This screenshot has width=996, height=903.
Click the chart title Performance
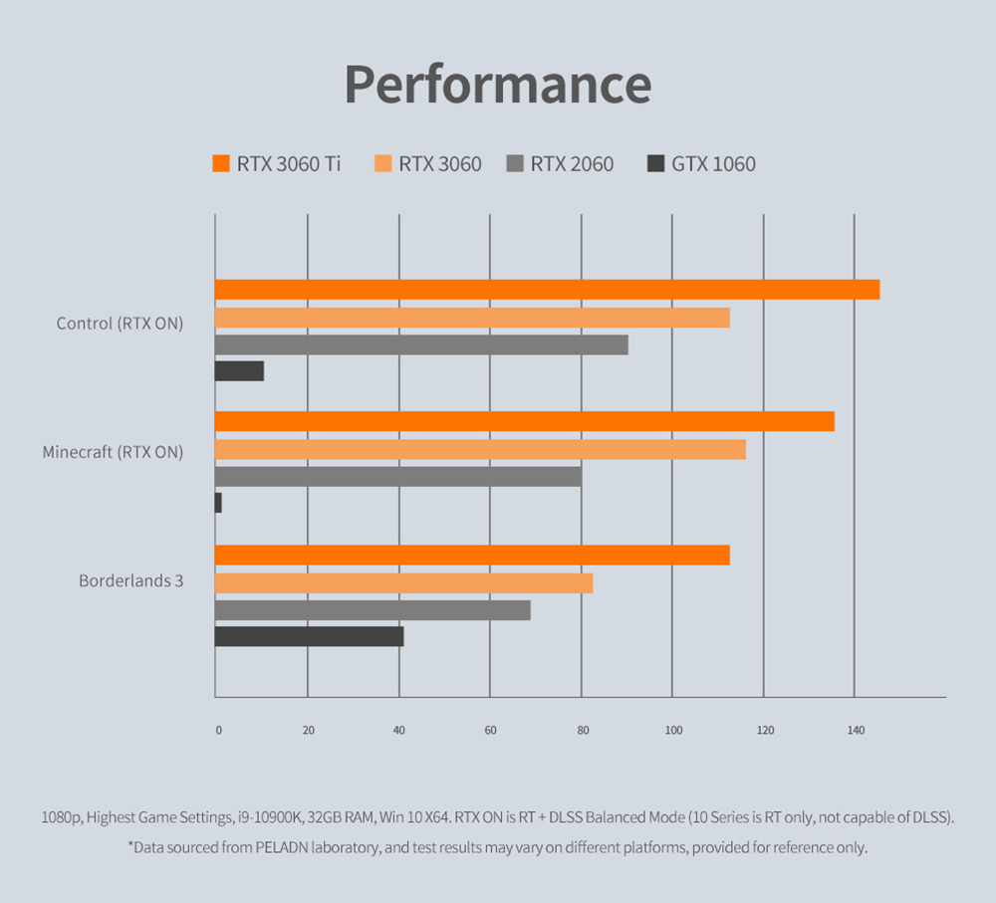[x=498, y=85]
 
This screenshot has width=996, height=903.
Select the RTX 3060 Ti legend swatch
[x=221, y=163]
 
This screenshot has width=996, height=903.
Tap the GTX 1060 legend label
[x=713, y=164]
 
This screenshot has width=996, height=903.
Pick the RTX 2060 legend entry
[x=572, y=164]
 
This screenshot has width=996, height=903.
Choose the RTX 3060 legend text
[x=439, y=164]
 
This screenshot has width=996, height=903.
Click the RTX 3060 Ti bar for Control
[x=547, y=290]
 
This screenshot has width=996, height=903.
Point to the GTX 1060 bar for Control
[x=239, y=370]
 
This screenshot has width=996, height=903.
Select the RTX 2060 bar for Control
[x=421, y=344]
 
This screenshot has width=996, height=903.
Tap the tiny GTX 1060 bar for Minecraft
[x=218, y=503]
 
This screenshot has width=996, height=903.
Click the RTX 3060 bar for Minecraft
[x=480, y=449]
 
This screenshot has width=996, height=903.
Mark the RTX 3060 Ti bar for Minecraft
[x=524, y=421]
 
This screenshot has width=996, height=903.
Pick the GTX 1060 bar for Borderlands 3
[x=309, y=636]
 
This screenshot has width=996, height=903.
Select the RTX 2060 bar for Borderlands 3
[x=373, y=609]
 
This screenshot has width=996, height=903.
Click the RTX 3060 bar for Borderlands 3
[x=403, y=582]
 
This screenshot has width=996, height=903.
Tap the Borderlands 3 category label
[x=130, y=580]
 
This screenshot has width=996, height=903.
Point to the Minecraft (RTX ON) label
[x=113, y=452]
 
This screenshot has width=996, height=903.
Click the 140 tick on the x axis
[x=855, y=731]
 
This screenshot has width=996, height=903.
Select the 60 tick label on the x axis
[x=490, y=731]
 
